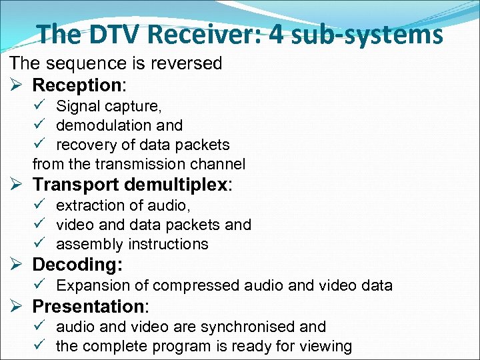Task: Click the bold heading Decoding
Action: [x=77, y=265]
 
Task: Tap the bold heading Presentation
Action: [x=88, y=307]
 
